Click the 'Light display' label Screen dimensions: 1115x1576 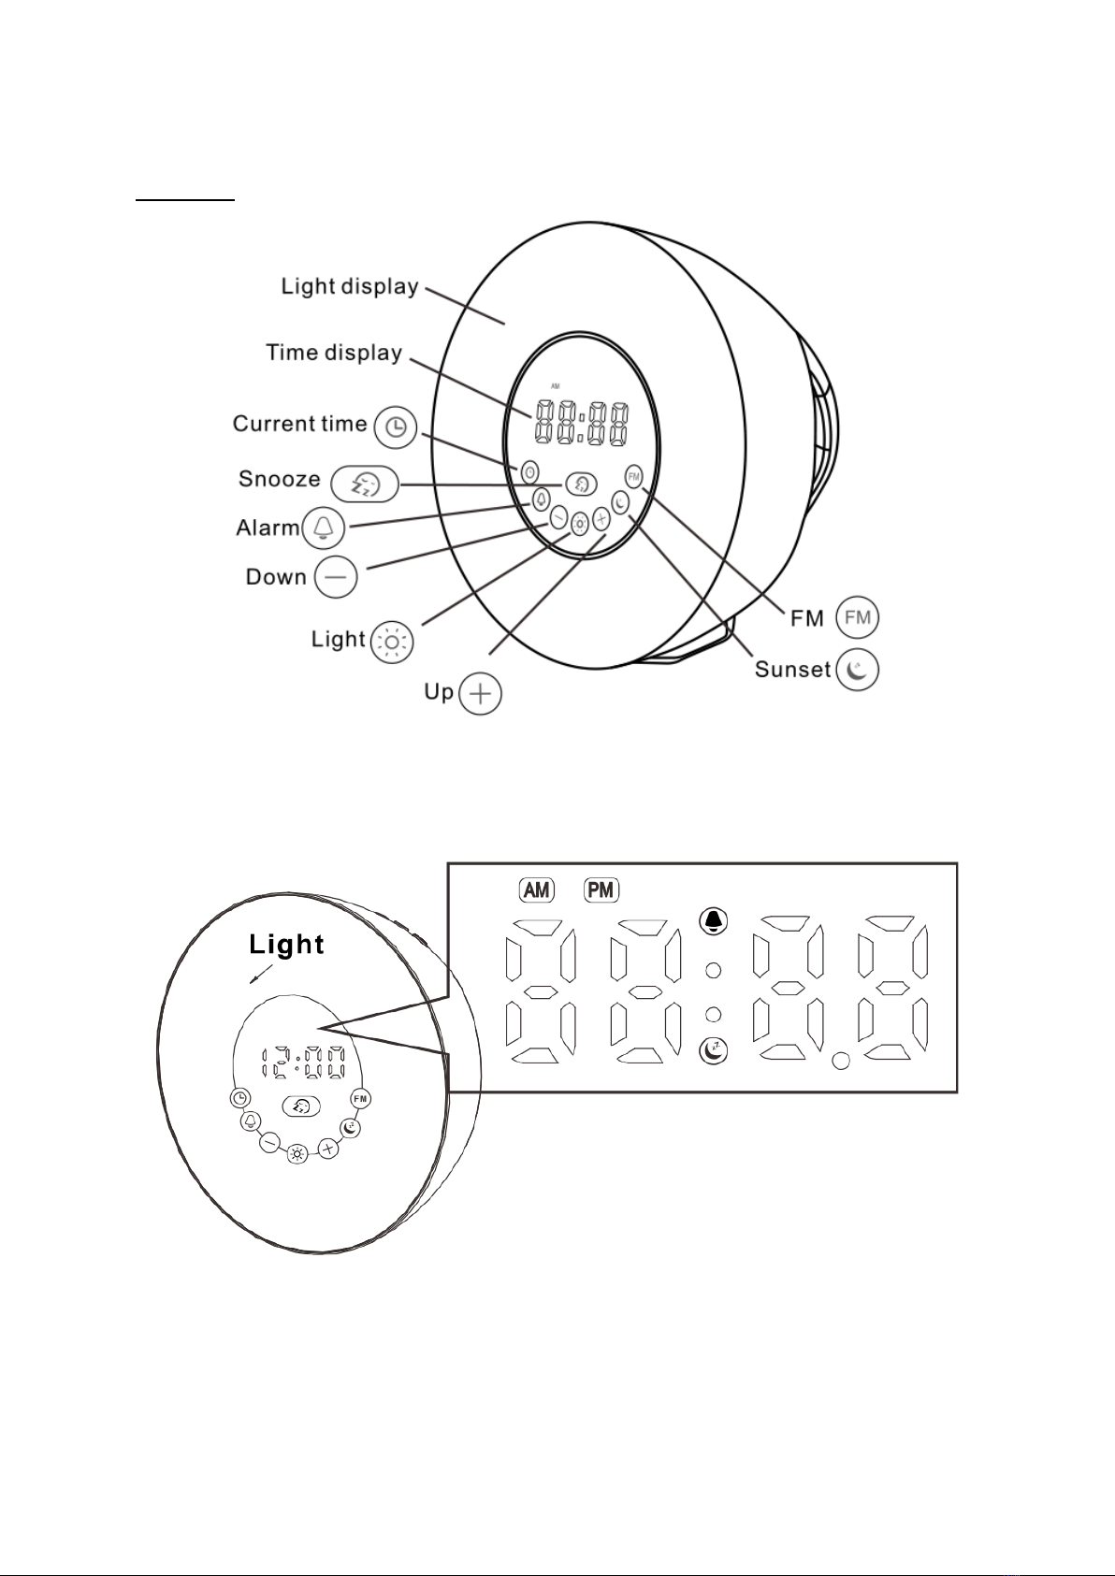pos(350,286)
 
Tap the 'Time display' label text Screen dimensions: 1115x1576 pos(333,352)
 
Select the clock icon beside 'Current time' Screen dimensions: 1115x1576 pos(396,427)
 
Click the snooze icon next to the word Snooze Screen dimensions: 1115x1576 pos(365,484)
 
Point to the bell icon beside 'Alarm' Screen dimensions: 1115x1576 pos(323,527)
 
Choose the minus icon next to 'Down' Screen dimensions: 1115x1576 pos(336,576)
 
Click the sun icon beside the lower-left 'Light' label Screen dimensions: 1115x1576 pos(392,642)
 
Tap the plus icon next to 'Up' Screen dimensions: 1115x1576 pos(480,694)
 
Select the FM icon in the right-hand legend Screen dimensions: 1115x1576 pos(857,617)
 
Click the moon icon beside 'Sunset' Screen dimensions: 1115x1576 pos(858,669)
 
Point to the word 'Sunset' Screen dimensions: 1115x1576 pos(793,669)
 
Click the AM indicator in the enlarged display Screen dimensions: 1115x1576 pos(536,890)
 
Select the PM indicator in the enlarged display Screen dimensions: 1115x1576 pos(601,890)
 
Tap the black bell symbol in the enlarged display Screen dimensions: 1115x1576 pos(714,921)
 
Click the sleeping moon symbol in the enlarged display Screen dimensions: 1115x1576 pos(714,1050)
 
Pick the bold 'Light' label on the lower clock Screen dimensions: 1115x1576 pos(286,944)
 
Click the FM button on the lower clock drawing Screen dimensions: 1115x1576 pos(360,1098)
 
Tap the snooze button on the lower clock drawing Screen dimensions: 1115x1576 pos(301,1106)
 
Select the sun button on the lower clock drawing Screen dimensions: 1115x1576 pos(297,1154)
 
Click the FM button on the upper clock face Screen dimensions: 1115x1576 pos(634,476)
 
